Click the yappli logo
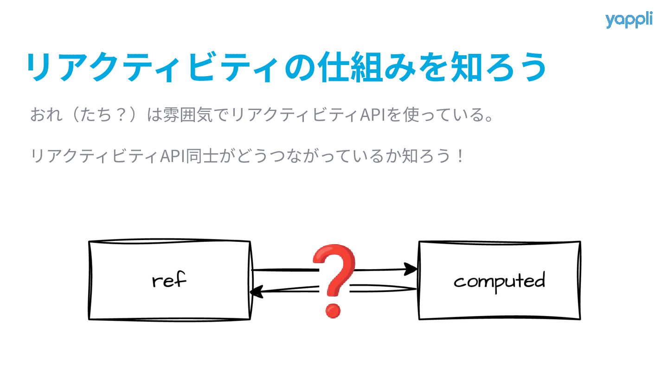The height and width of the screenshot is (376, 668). (x=629, y=20)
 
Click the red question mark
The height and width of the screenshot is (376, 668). (x=334, y=279)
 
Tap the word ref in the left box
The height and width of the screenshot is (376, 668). (x=169, y=281)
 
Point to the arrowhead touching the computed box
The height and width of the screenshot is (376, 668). (x=411, y=269)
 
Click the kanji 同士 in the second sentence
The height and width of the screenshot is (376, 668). (x=199, y=156)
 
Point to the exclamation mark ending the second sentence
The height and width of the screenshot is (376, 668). (x=460, y=156)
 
